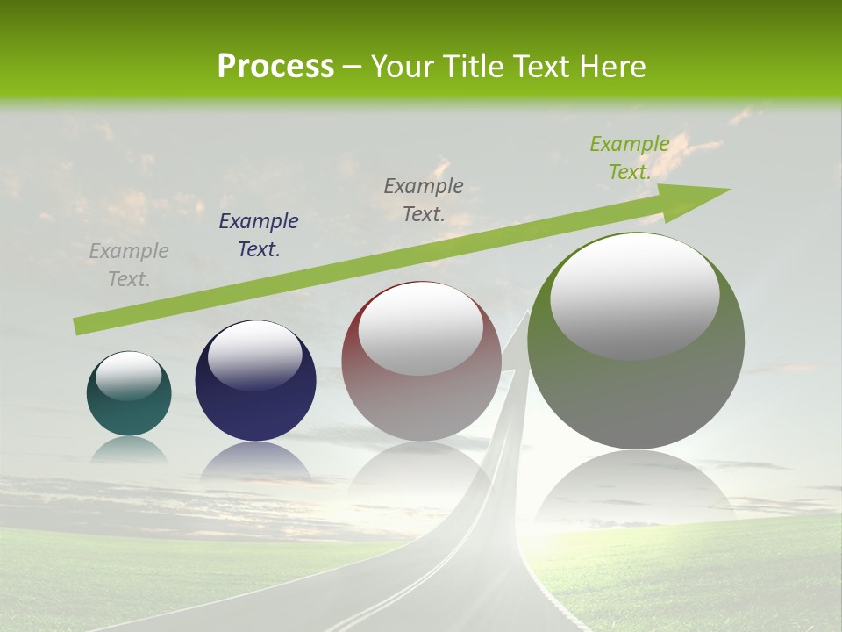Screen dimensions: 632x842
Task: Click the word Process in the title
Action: [x=275, y=67]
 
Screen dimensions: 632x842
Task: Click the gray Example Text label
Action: [x=129, y=265]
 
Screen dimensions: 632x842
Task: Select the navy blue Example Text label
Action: [x=259, y=235]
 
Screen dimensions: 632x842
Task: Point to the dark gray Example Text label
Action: [x=424, y=199]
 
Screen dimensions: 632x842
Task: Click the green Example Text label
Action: [x=630, y=158]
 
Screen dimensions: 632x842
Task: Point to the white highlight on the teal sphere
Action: [x=129, y=376]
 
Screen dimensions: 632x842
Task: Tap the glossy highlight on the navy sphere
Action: [x=255, y=355]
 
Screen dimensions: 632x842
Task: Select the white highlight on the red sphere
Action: [x=421, y=327]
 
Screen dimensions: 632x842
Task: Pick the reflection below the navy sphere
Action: [x=255, y=462]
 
